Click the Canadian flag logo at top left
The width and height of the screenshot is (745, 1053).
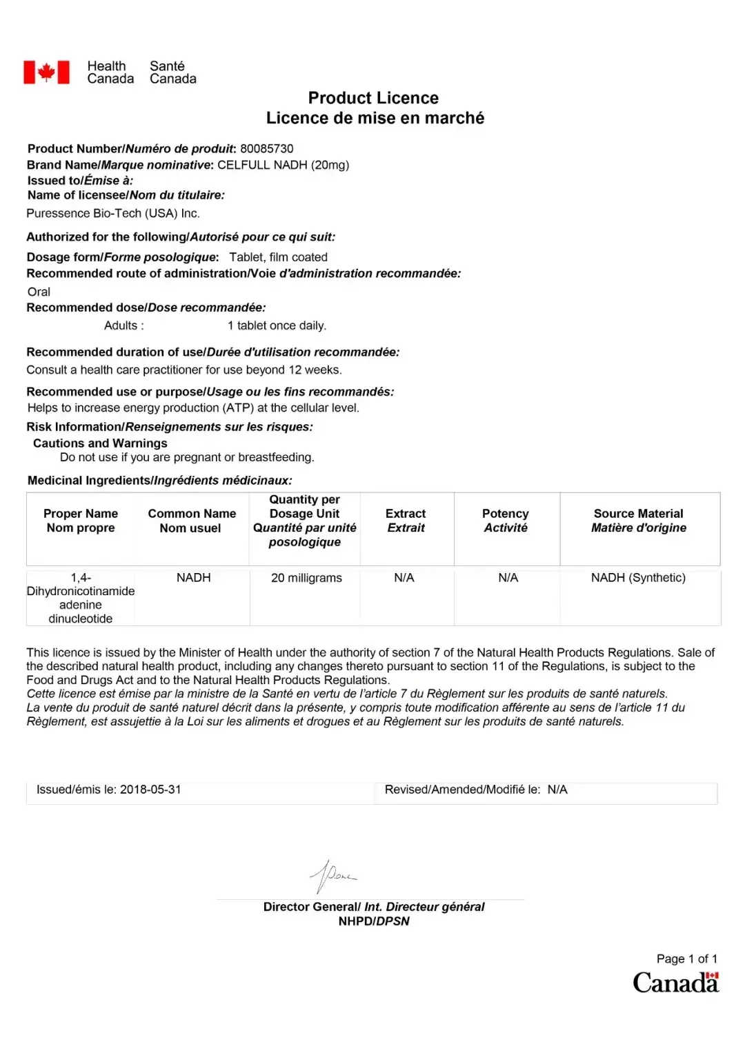(46, 72)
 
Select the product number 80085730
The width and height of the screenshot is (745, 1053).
(266, 149)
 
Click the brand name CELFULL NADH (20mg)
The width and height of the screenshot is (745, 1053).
(283, 166)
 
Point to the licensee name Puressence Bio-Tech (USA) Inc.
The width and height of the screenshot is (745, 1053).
(113, 214)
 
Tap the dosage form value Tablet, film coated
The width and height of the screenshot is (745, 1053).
(278, 257)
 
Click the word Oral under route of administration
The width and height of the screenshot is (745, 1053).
(39, 292)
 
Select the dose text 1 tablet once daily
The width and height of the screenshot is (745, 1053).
(277, 325)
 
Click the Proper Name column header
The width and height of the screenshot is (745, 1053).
(81, 521)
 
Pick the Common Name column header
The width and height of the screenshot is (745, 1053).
(192, 521)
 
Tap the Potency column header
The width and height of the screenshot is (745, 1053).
(506, 521)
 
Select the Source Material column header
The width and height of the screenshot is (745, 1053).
(639, 521)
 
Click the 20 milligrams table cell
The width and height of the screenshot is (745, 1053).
(306, 578)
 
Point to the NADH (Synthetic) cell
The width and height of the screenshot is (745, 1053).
(638, 578)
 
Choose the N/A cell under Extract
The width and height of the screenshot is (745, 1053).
(404, 578)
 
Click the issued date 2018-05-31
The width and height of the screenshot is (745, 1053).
(150, 790)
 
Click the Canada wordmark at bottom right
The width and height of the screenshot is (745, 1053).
(675, 983)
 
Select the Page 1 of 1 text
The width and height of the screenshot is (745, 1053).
(686, 959)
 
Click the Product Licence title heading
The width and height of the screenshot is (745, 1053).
(373, 98)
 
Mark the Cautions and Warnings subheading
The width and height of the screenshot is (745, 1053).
(100, 443)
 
